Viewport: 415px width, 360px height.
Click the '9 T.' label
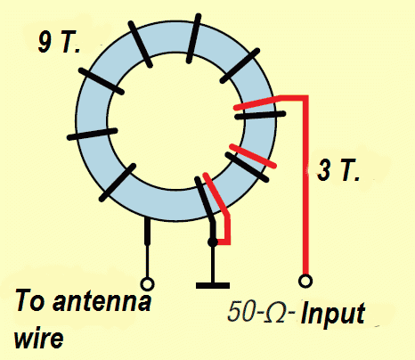(59, 42)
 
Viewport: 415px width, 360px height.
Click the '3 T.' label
(338, 170)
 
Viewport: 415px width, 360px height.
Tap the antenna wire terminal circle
(147, 284)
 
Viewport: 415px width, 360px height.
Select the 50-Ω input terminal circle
(305, 281)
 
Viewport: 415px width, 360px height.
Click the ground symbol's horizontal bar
(213, 286)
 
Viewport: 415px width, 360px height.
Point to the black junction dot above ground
(213, 242)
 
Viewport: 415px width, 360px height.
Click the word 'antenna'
(102, 301)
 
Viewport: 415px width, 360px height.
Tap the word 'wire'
(38, 338)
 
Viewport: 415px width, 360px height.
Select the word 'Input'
(333, 315)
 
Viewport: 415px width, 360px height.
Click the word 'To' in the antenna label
(29, 300)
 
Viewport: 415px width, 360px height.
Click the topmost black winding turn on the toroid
(193, 38)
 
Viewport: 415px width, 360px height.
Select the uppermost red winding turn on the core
(256, 102)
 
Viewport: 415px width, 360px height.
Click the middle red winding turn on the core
(253, 156)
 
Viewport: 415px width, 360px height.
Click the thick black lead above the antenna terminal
(147, 231)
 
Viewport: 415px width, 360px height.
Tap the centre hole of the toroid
(175, 121)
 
